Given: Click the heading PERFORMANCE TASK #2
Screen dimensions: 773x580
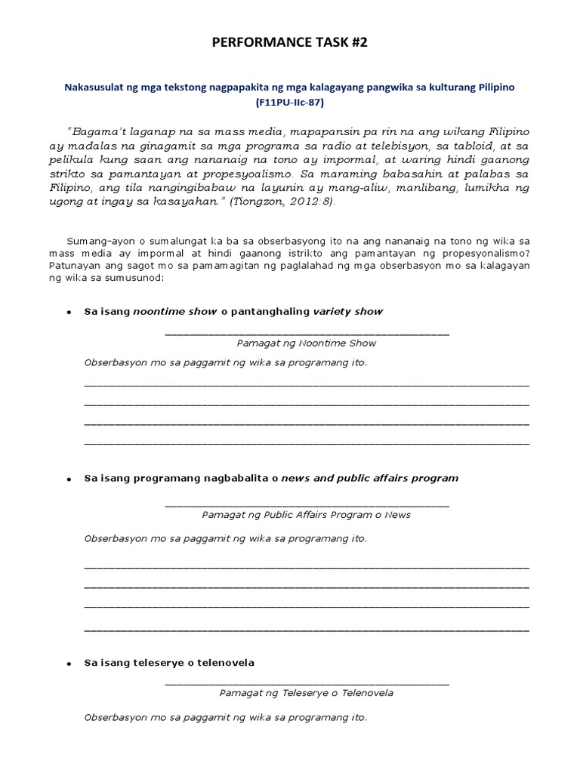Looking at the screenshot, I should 289,44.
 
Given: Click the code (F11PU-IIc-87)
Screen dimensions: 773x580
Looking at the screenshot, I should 289,101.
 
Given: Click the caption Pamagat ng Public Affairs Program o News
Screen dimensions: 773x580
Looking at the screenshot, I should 306,515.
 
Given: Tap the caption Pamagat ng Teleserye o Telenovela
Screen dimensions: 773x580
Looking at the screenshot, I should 306,692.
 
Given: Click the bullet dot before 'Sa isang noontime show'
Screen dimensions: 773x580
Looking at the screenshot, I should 69,313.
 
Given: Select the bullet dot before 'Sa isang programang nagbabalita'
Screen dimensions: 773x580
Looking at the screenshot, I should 69,479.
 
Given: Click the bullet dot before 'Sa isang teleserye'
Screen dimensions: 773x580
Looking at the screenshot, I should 69,664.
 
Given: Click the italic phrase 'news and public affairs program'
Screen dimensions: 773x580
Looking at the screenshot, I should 369,478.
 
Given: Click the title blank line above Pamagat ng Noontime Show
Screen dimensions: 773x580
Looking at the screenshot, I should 306,333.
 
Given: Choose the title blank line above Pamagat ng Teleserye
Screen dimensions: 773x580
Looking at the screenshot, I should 306,683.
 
